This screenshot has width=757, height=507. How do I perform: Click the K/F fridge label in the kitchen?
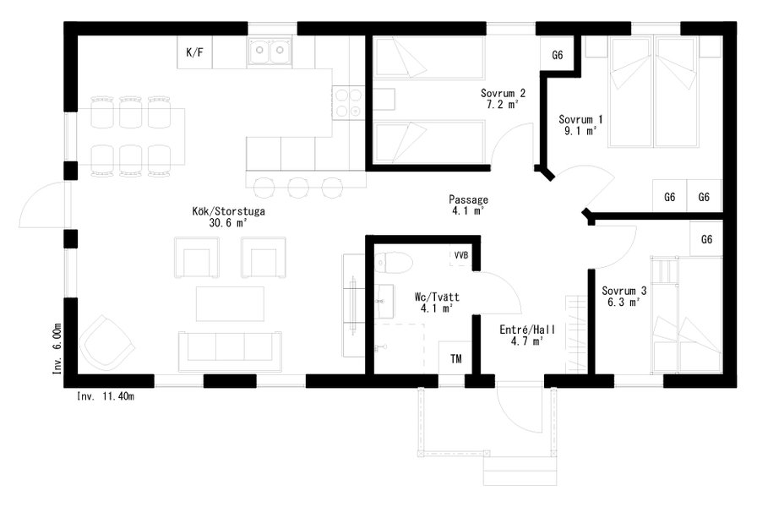[x=194, y=52]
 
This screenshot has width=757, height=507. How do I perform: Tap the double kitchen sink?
[x=270, y=52]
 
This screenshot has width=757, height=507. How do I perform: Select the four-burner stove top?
[x=348, y=103]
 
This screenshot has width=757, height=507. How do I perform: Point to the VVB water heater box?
[x=461, y=255]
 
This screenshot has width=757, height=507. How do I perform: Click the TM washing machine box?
[x=455, y=357]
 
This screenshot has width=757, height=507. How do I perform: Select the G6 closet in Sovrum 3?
[x=706, y=239]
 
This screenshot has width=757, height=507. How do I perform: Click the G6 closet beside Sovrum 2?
[x=558, y=55]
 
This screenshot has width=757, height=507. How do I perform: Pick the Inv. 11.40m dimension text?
[x=106, y=397]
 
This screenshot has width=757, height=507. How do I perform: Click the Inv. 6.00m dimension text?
[x=57, y=349]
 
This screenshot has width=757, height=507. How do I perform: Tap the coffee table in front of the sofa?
[x=230, y=303]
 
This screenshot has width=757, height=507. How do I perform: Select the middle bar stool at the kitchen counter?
[x=298, y=188]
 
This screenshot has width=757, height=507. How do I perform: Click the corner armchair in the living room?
[x=106, y=341]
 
